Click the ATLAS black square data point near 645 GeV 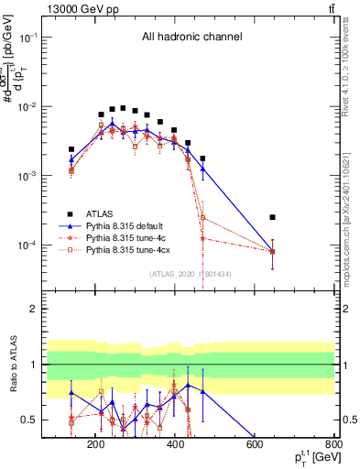tap(272, 217)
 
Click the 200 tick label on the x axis tap(95, 446)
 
